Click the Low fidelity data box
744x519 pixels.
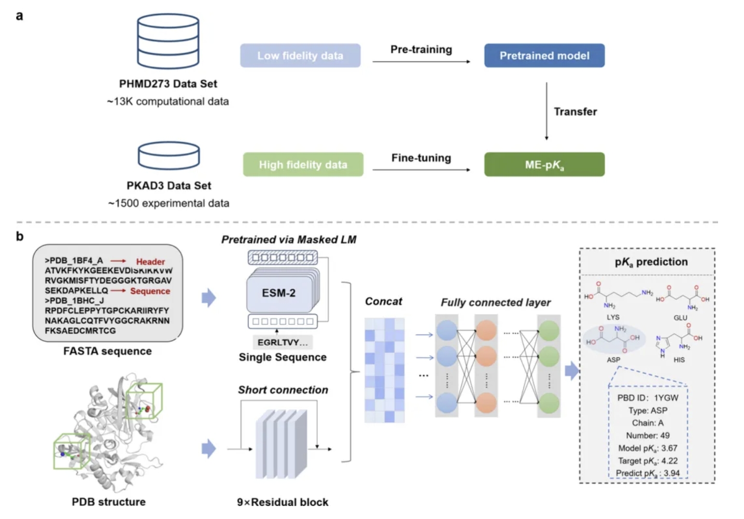300,55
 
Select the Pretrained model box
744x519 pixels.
544,55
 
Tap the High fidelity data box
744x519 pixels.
303,164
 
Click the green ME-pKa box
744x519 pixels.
544,164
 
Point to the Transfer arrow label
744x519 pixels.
575,111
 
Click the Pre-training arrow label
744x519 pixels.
421,49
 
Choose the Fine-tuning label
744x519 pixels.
421,158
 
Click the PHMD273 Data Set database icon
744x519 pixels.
168,41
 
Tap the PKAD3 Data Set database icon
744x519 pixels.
169,156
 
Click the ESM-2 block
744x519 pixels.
279,293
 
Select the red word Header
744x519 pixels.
150,262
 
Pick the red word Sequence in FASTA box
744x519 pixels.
150,291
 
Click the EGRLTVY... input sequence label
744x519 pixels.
283,342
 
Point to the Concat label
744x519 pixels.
384,301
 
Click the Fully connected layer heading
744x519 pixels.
496,302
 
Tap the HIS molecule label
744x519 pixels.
679,360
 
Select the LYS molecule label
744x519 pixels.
613,317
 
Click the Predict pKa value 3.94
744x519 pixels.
671,473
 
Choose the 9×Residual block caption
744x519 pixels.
283,502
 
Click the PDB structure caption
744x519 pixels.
109,501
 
